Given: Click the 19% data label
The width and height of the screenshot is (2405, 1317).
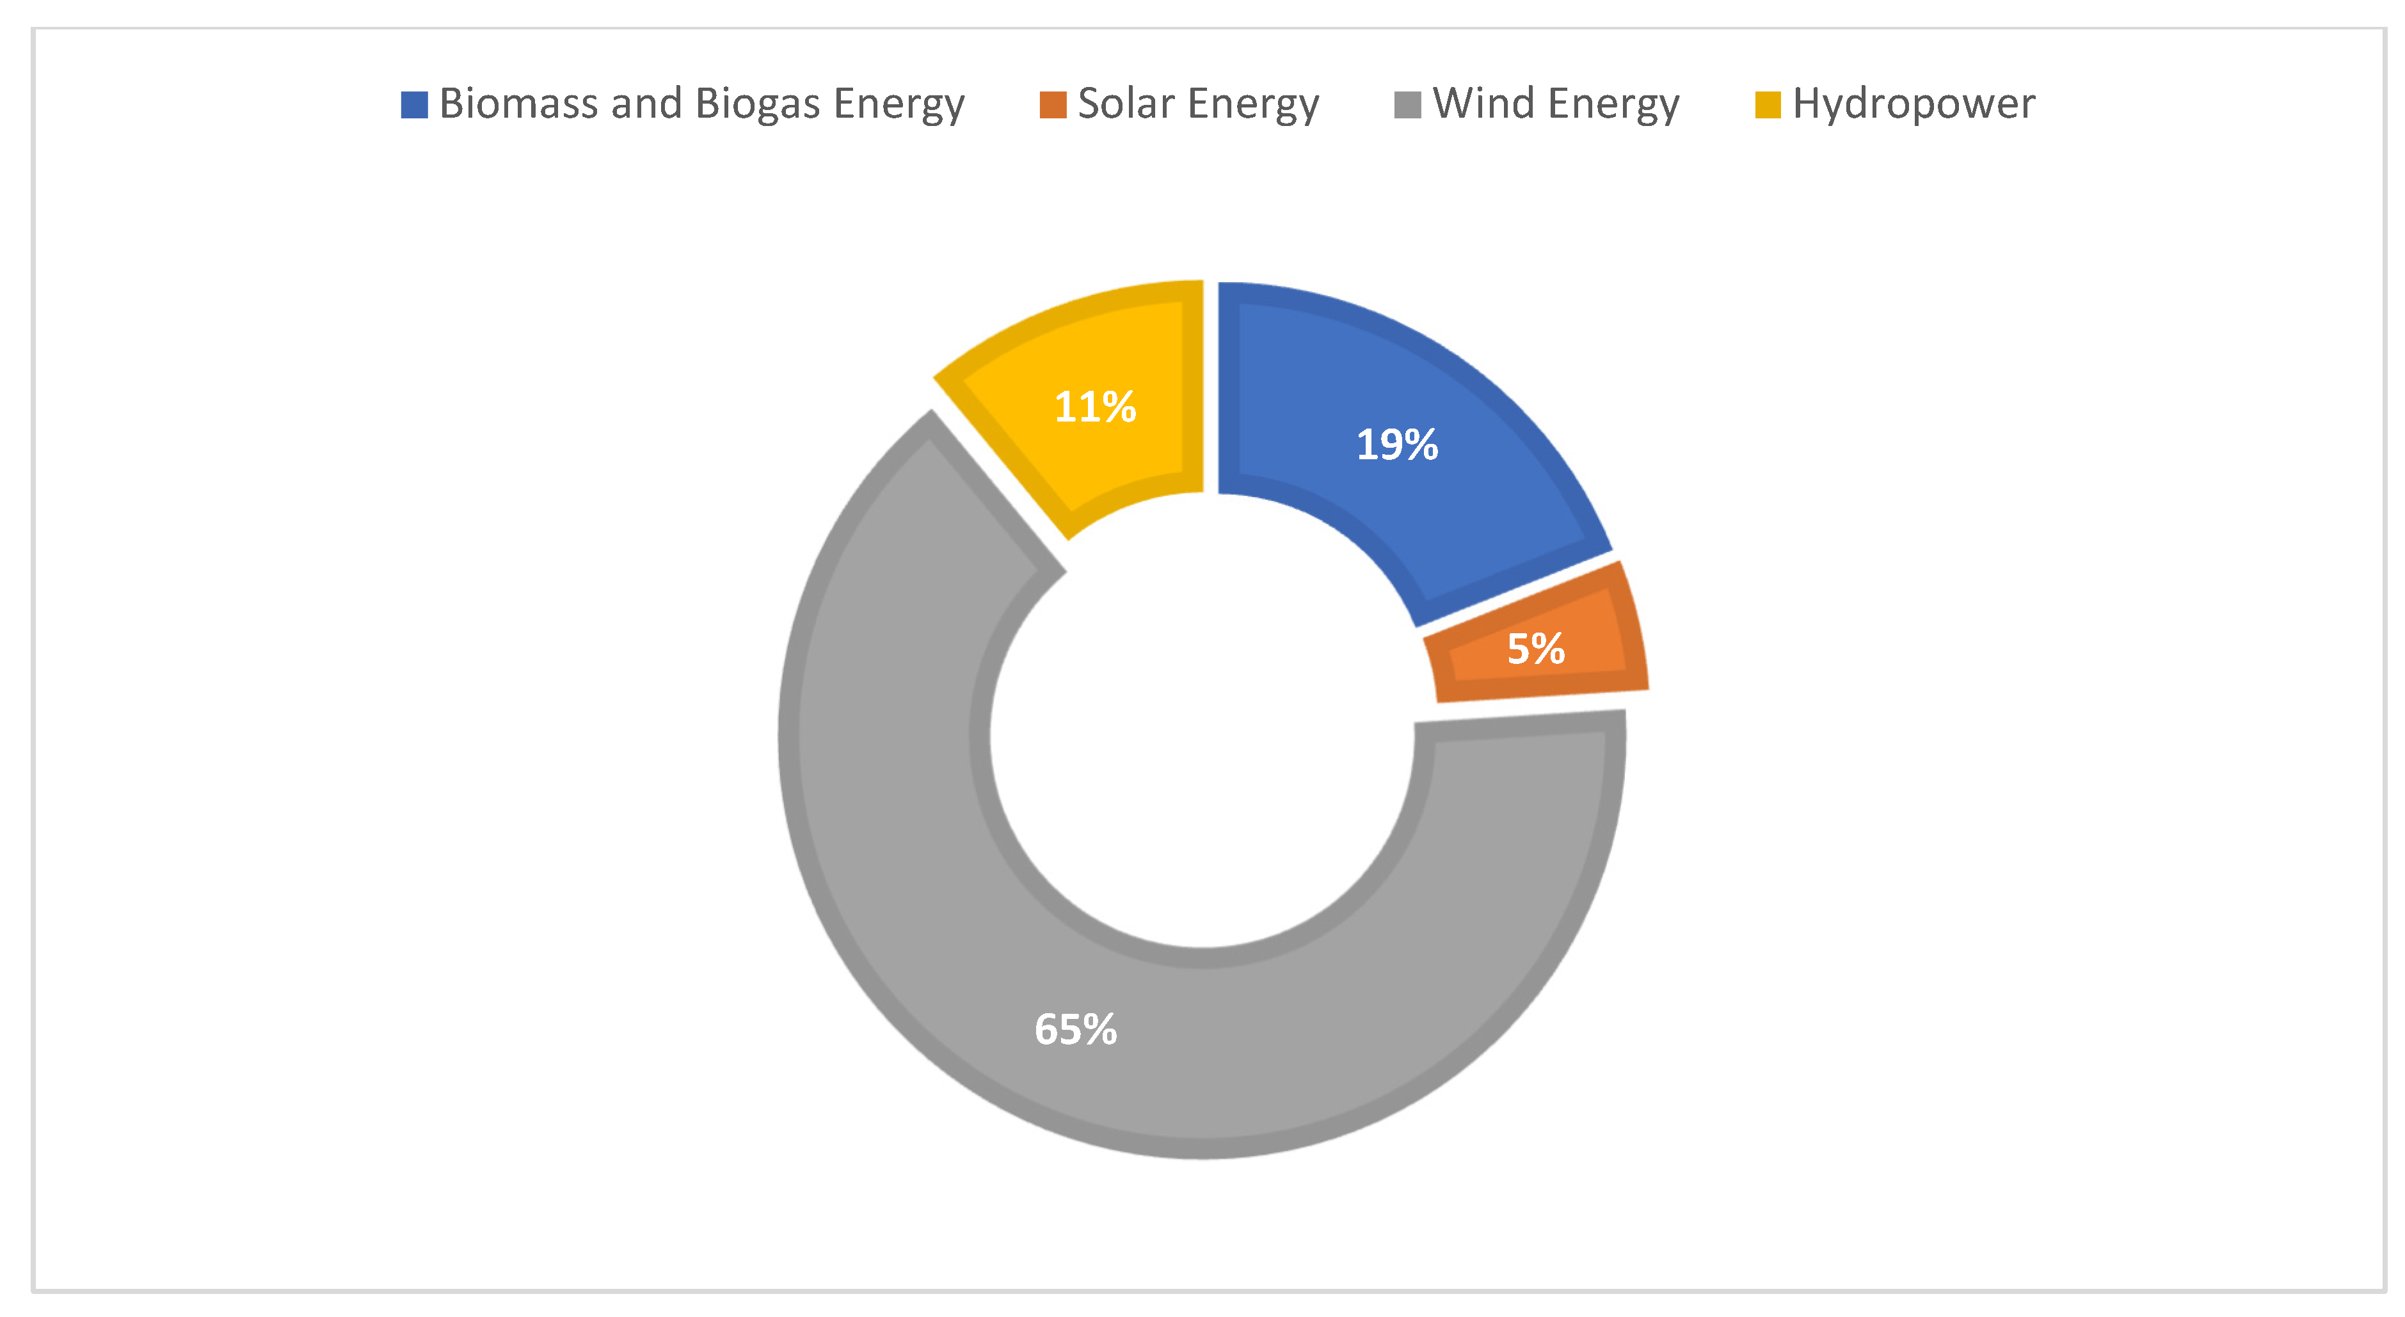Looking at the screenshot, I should (x=1396, y=445).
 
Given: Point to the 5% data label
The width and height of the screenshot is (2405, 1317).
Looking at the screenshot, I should (x=1536, y=649).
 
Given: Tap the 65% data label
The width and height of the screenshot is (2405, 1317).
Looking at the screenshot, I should (x=1076, y=1030).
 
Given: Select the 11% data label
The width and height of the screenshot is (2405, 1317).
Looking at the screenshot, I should (x=1095, y=407).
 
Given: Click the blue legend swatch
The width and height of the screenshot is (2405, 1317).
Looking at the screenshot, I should (x=413, y=104).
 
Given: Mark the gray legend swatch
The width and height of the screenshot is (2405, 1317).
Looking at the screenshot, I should (x=1407, y=104).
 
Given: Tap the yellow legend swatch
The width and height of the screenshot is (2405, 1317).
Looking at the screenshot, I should (x=1768, y=104).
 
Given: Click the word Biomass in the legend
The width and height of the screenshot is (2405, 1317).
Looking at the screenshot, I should (x=518, y=103).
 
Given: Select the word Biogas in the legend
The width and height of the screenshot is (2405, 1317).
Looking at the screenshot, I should (x=757, y=104).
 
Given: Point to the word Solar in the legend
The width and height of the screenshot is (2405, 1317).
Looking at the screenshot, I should (x=1125, y=103).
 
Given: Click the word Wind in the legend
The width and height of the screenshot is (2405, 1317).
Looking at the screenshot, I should (x=1483, y=103).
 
